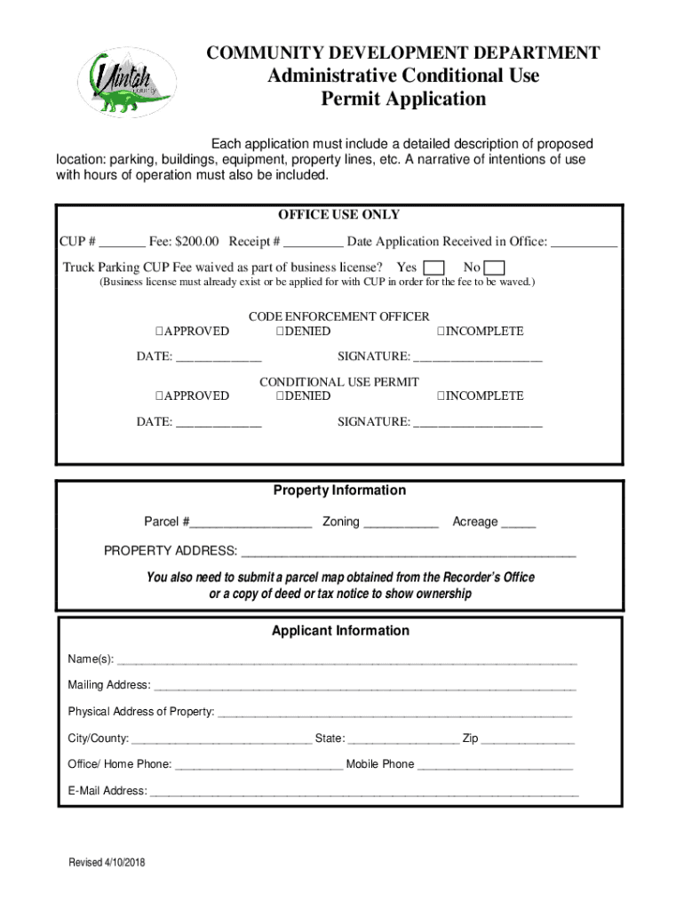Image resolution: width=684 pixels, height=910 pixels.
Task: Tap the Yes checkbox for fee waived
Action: coord(434,268)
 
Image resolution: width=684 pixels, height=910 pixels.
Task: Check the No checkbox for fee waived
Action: coord(496,268)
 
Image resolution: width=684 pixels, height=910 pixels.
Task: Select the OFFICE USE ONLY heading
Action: coord(338,215)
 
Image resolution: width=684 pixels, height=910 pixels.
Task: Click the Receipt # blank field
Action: coord(314,243)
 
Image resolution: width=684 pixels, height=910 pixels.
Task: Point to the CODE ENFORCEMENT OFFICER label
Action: coord(338,316)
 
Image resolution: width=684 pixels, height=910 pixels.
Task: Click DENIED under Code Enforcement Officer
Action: coord(303,331)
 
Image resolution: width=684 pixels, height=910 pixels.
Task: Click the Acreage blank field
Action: coord(519,523)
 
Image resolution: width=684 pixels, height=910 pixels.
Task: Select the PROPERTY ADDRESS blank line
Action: coord(409,552)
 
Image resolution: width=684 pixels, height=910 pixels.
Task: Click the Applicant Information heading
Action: coord(340,631)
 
